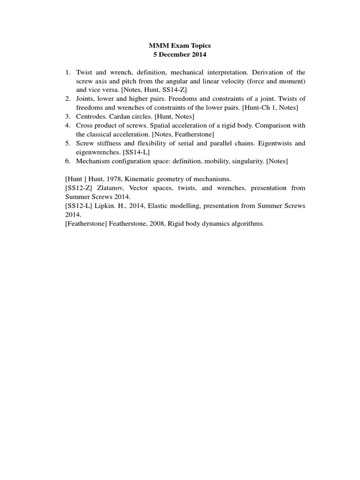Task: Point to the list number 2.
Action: [x=67, y=98]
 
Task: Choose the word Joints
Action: [x=85, y=98]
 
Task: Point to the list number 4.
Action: [x=67, y=125]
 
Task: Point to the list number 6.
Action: [x=67, y=161]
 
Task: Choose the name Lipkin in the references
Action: [x=101, y=206]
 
